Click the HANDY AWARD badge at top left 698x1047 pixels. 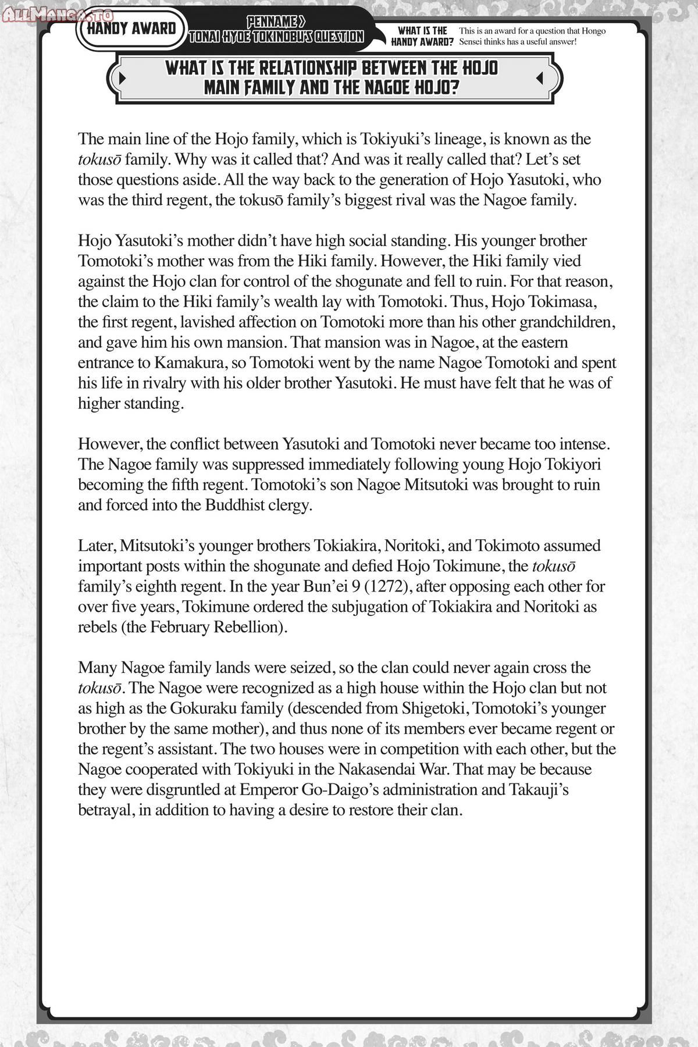[x=131, y=28]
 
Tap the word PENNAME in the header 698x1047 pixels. [x=275, y=22]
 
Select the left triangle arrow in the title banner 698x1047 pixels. [x=122, y=77]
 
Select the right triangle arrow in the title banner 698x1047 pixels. [x=539, y=77]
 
